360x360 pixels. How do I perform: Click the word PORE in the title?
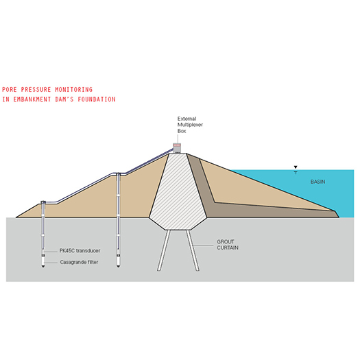10,90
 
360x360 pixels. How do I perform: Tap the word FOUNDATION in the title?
97,99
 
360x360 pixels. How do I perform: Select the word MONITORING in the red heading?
73,90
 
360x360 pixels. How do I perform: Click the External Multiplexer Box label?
190,125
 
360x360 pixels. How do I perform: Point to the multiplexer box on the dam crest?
177,148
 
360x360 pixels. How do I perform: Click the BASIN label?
317,182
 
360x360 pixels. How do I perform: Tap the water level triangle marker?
296,167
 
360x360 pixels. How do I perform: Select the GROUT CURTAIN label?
228,245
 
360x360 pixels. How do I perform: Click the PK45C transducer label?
80,251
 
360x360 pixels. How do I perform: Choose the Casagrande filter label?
79,262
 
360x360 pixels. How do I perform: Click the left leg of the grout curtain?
164,250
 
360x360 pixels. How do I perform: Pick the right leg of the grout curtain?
193,250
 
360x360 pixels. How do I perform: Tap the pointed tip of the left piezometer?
43,267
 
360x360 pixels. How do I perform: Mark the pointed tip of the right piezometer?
118,267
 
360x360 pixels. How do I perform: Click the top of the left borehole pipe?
43,202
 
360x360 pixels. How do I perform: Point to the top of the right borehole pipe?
118,174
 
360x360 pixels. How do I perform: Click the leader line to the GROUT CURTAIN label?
203,245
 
